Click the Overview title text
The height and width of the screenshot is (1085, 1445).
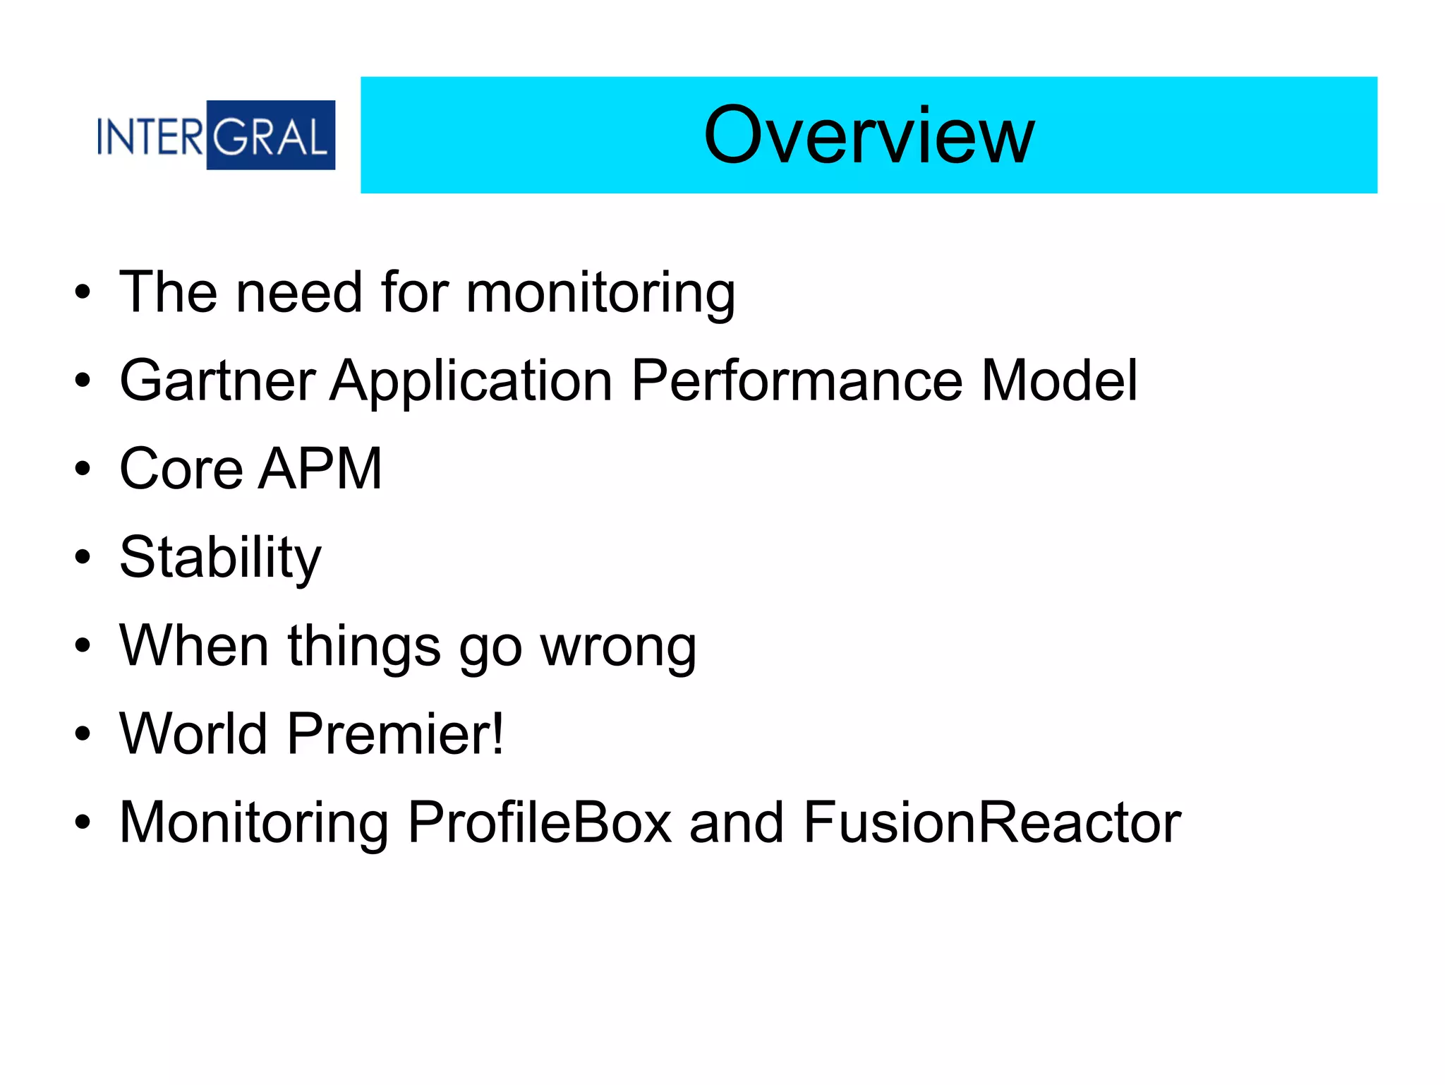[869, 136]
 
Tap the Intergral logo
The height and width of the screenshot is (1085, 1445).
[215, 136]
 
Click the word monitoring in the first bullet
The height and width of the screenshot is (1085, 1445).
[600, 293]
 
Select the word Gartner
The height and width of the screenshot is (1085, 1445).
[217, 381]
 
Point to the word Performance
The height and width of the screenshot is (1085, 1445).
[797, 381]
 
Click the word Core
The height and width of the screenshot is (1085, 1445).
[181, 469]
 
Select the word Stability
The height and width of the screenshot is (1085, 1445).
[220, 558]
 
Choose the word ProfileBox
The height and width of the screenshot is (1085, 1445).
[540, 822]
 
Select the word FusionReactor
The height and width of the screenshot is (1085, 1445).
[992, 822]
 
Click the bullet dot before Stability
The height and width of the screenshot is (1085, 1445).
[83, 558]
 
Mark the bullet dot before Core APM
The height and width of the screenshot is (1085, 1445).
[83, 469]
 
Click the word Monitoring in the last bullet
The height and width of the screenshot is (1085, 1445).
[254, 824]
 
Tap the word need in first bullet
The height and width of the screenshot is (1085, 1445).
[299, 293]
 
